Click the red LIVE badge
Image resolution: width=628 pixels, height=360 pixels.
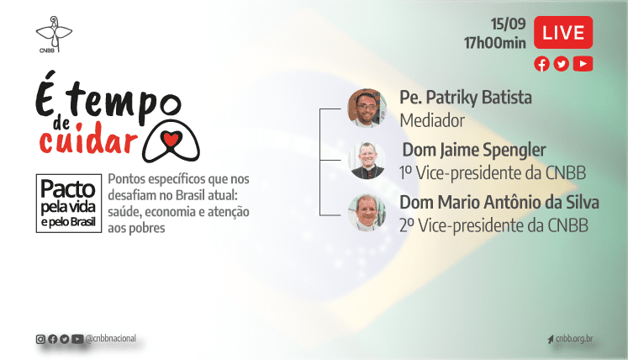point(563,34)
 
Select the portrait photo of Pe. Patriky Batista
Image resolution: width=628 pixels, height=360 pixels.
point(367,107)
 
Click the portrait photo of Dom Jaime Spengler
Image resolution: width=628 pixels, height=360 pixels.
point(367,160)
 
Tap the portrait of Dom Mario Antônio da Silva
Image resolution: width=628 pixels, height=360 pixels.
point(367,213)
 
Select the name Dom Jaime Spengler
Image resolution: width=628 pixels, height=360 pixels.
point(474,151)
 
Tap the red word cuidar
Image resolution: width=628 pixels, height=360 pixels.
point(87,139)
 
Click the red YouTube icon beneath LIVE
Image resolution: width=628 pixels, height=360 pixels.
point(582,64)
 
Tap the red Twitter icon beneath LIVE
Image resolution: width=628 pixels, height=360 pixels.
point(562,64)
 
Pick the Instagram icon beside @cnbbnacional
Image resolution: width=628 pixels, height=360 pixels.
point(40,339)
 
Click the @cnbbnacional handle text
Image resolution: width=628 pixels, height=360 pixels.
point(110,338)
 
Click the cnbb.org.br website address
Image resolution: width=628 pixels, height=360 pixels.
point(575,339)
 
